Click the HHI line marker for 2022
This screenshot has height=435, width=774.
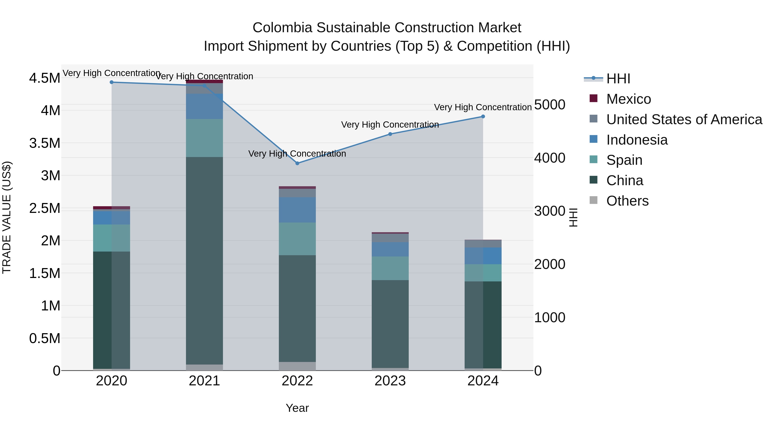297,163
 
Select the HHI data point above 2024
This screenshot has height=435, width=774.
483,116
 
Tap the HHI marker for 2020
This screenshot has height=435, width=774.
111,82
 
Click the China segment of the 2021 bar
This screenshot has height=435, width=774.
204,261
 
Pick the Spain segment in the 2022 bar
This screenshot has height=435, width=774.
297,239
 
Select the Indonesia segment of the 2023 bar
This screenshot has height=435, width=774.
390,249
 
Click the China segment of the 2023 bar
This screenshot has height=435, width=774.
390,324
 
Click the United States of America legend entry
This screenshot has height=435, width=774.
684,119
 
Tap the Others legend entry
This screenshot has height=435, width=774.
627,201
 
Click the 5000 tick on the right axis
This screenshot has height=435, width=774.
550,105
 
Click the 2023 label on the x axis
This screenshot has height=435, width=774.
390,381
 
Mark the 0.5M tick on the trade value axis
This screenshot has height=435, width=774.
45,338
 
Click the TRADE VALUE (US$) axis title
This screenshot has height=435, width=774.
7,217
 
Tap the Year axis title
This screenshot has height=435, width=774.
297,408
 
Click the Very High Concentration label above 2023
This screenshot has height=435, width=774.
390,125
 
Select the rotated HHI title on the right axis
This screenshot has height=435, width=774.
573,217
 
